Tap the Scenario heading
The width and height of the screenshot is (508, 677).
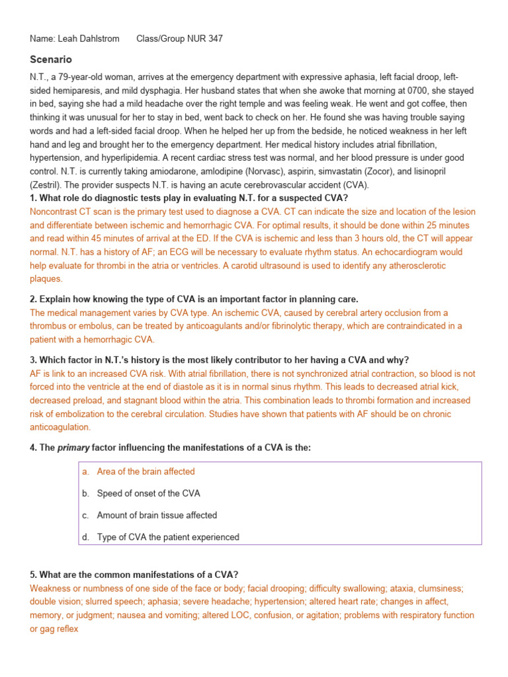pyautogui.click(x=51, y=60)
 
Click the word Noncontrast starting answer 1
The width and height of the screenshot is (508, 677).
pyautogui.click(x=55, y=212)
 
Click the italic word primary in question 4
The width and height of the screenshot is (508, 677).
pyautogui.click(x=73, y=448)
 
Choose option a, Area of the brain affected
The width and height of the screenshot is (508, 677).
pyautogui.click(x=146, y=471)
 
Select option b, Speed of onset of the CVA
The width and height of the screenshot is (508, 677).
pyautogui.click(x=148, y=493)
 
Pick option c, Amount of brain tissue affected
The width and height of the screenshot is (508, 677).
pyautogui.click(x=157, y=515)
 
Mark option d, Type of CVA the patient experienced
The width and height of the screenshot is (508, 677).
pyautogui.click(x=168, y=537)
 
